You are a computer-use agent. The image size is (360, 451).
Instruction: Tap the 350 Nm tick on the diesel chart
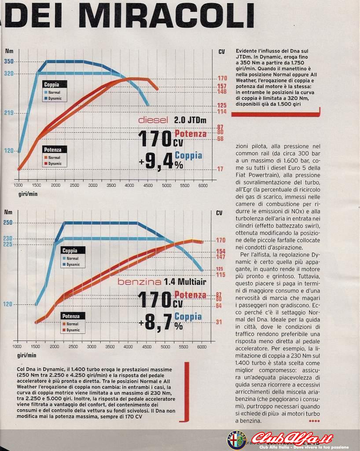coord(9,61)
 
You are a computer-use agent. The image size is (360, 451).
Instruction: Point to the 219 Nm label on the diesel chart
coord(9,113)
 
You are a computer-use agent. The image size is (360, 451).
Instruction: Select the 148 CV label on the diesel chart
coord(222,92)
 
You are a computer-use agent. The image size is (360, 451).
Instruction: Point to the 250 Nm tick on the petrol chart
coord(8,222)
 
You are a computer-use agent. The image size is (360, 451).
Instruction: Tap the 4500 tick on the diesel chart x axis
coord(148,186)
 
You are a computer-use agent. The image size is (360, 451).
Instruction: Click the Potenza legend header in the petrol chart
coord(71,316)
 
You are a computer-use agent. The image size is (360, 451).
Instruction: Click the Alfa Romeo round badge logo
coord(236,440)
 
